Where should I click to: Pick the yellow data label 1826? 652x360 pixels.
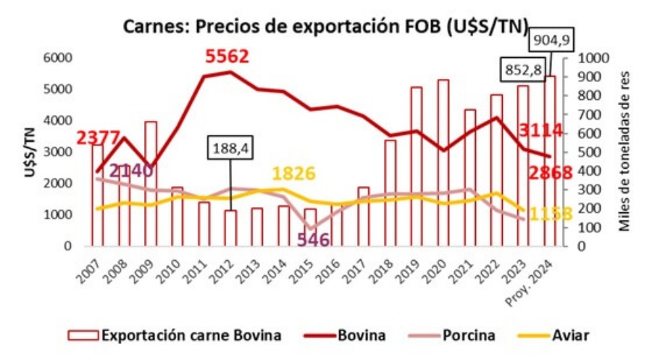point(293,175)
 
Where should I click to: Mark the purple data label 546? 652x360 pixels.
point(313,239)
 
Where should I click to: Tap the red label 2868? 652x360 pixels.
point(548,172)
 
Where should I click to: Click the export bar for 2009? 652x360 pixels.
point(151,184)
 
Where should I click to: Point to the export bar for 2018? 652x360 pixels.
point(390,193)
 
